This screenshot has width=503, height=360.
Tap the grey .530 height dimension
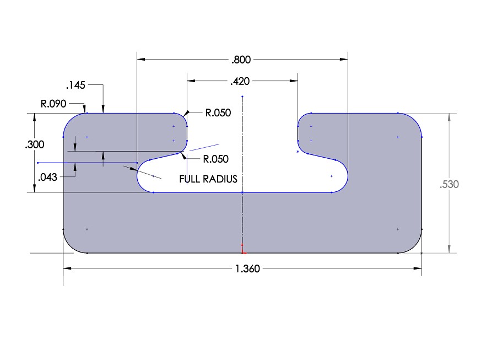[x=449, y=185]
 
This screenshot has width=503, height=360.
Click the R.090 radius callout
[x=54, y=103]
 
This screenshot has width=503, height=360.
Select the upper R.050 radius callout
[x=218, y=113]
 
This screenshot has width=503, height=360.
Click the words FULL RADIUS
[x=208, y=179]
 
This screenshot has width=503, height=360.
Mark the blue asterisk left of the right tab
[x=298, y=152]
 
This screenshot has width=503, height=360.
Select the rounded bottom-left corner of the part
[x=70, y=246]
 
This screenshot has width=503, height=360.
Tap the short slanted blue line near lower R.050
[x=201, y=147]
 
